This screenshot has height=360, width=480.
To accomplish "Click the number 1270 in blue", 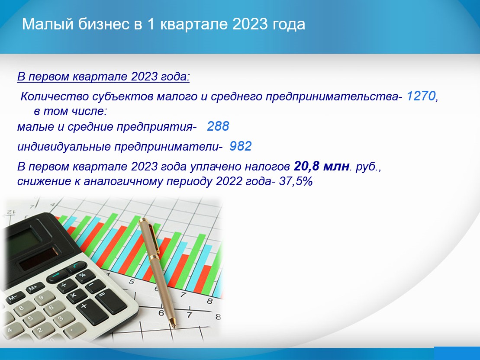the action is pyautogui.click(x=420, y=96).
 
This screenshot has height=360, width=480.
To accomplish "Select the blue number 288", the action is pyautogui.click(x=218, y=126).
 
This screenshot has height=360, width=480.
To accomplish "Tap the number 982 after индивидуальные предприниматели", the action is pyautogui.click(x=241, y=146).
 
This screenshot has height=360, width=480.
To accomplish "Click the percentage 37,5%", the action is pyautogui.click(x=296, y=182).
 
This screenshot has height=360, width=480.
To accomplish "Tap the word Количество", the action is pyautogui.click(x=55, y=97).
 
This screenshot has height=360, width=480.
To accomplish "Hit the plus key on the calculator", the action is pyautogui.click(x=85, y=306).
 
